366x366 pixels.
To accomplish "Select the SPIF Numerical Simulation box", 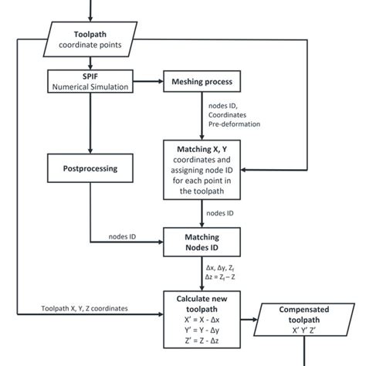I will (x=91, y=81).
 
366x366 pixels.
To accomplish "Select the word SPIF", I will (x=90, y=76).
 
